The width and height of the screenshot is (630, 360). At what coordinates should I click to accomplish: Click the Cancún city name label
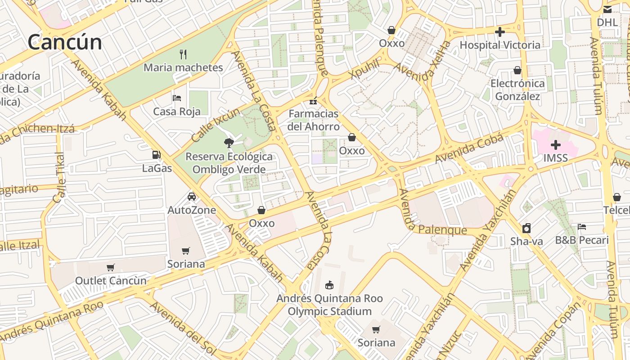coord(65,42)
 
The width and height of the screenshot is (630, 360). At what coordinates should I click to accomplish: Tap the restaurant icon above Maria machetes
coord(183,54)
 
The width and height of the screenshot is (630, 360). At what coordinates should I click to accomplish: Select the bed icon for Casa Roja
coord(177,98)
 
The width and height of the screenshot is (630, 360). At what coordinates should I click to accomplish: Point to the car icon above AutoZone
coord(192,197)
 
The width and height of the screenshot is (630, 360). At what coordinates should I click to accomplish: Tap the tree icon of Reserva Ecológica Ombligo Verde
coord(229,143)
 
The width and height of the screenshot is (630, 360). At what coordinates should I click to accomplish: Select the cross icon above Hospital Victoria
coord(499,32)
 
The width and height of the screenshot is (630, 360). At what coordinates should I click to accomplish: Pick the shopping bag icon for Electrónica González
coord(517,70)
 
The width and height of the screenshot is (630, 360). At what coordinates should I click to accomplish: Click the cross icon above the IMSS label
coord(556,145)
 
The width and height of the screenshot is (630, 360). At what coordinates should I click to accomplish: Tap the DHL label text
coord(607,22)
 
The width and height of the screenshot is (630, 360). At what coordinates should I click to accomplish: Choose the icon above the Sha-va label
coord(526,228)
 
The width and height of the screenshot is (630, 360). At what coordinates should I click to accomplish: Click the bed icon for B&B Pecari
coord(582,227)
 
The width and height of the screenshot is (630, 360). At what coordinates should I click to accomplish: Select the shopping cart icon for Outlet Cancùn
coord(111,267)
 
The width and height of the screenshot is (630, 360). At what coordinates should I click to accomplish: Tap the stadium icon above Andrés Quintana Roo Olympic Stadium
coord(329,285)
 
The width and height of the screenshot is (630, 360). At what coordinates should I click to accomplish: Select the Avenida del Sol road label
coord(183,327)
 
